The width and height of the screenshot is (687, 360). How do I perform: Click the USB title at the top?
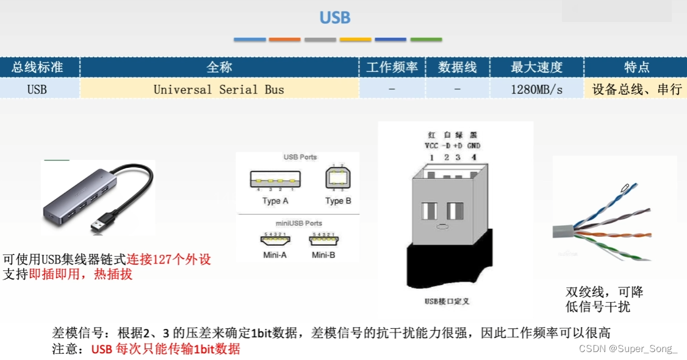pos(335,18)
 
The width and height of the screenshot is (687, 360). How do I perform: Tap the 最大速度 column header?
pos(536,67)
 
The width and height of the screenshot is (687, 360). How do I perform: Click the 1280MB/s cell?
pos(536,90)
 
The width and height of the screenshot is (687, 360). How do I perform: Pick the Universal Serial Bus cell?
pos(219,90)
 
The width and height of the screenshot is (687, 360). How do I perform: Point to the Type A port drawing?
pos(275,180)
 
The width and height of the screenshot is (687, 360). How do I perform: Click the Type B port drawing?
pos(338,178)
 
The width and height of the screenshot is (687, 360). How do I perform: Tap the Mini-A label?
pos(275,254)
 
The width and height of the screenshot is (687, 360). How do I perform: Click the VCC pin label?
pos(431,146)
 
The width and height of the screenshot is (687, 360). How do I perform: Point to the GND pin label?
pos(473,146)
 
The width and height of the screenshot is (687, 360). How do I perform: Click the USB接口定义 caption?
pos(447,301)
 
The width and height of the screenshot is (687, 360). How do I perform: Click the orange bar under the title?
pos(285,40)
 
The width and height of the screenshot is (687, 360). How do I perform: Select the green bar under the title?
pos(426,40)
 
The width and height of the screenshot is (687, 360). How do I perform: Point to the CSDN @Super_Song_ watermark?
pos(628,349)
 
